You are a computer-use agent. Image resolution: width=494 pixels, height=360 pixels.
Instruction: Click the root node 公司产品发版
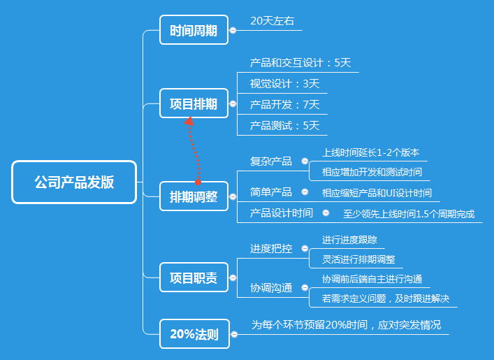tap(74, 182)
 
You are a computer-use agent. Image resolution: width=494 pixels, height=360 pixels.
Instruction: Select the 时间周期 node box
tap(194, 30)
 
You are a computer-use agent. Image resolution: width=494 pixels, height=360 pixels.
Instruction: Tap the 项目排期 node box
tap(194, 104)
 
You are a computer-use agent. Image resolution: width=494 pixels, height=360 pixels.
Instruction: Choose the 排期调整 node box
tap(194, 197)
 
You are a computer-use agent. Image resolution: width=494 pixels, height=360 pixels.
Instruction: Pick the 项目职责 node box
tap(194, 278)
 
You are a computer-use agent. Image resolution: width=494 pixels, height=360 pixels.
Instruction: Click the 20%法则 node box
tap(194, 334)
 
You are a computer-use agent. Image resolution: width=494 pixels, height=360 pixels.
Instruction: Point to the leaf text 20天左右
tap(273, 21)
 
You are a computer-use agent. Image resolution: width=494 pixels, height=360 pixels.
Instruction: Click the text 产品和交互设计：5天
tap(300, 62)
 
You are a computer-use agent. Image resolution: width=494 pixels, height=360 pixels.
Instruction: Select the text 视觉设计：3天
tap(285, 84)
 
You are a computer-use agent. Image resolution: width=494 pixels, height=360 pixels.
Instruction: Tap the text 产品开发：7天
tap(285, 105)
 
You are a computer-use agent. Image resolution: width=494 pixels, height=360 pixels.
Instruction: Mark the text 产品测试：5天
tap(285, 126)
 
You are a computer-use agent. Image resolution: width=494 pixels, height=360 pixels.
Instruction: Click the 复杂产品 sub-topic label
tap(271, 161)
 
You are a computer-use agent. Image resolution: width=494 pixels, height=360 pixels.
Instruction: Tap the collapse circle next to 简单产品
tap(305, 192)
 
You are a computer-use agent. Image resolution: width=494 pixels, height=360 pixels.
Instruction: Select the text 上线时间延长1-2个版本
tap(370, 152)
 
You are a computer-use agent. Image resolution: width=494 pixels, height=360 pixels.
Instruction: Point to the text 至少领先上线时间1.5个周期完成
tap(409, 213)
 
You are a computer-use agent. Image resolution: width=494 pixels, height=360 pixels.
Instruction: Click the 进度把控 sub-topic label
tap(271, 248)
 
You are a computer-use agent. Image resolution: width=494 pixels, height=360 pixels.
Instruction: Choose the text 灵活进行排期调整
tap(358, 259)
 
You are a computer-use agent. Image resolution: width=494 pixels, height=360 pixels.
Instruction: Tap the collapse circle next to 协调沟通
tap(305, 287)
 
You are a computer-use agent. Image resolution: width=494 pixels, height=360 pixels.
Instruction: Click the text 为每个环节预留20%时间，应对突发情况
tap(346, 325)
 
